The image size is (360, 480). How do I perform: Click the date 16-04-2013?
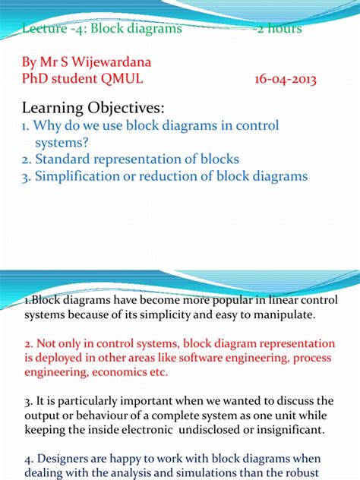click(x=287, y=78)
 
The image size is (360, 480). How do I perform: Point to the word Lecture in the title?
click(x=46, y=29)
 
